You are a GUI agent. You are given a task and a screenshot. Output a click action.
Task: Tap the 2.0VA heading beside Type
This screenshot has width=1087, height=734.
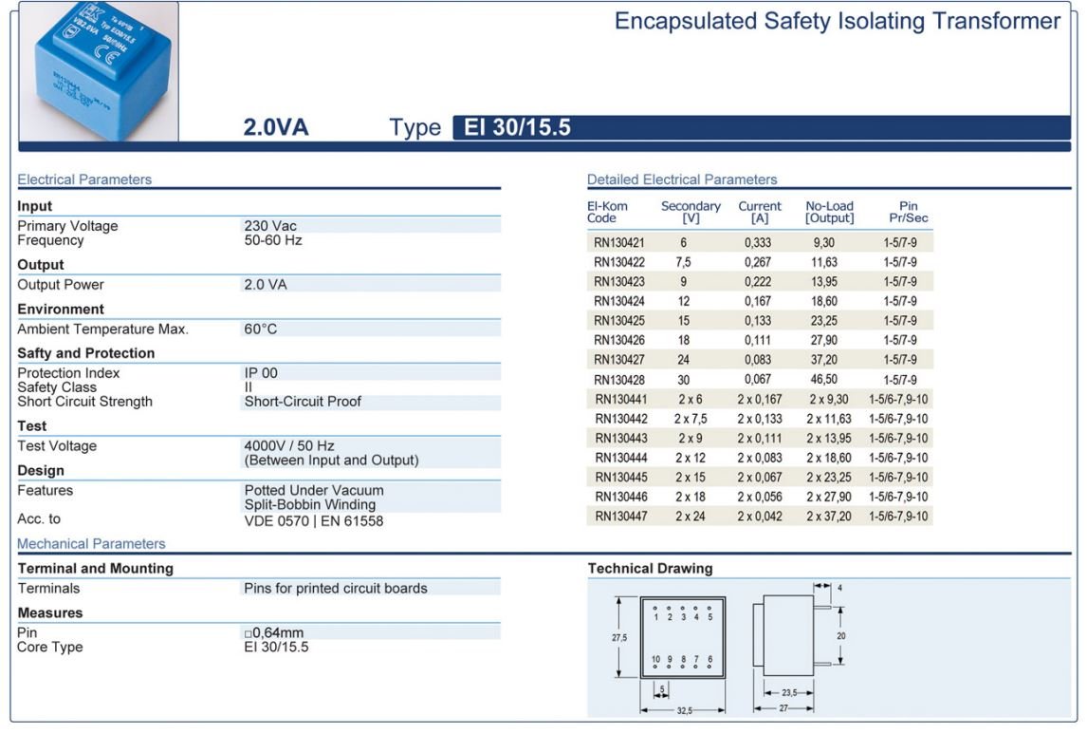276,127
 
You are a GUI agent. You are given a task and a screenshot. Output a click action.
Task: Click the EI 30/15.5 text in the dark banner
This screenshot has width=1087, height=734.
517,127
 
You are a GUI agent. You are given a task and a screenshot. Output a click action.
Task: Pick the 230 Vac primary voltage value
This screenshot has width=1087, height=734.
270,226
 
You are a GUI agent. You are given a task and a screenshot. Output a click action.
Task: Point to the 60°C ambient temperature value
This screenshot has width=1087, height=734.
261,329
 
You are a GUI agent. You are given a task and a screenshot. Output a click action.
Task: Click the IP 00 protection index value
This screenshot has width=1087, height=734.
261,373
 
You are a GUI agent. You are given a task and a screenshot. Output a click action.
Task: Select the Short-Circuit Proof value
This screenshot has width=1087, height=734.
303,402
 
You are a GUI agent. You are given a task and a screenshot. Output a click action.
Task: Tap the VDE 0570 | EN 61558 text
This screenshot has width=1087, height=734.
314,520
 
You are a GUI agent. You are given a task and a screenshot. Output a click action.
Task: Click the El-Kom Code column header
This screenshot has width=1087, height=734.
607,212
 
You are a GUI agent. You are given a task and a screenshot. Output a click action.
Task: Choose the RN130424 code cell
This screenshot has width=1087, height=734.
619,301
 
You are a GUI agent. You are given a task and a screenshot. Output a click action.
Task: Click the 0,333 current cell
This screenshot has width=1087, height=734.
758,243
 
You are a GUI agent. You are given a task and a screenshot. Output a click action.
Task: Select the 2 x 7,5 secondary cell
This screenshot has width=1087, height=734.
691,419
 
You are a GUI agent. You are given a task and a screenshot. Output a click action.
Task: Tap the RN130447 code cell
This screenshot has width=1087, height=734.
621,517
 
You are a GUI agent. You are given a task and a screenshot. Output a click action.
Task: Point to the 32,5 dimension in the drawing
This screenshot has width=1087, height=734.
683,710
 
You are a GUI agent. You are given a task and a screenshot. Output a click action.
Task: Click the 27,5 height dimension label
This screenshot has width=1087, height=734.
618,638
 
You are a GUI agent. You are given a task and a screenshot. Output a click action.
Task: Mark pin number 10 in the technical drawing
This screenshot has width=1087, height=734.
655,658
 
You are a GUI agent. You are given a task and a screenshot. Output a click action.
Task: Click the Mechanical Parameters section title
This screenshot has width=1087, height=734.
91,544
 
